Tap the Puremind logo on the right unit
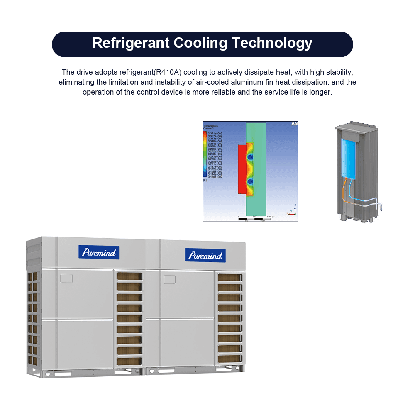[x=205, y=255]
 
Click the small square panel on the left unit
[x=66, y=278]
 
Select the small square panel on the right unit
[x=170, y=279]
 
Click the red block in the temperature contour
[x=242, y=169]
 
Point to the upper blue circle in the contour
[x=250, y=158]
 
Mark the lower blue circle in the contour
[x=250, y=181]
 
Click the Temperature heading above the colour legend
[x=210, y=126]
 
